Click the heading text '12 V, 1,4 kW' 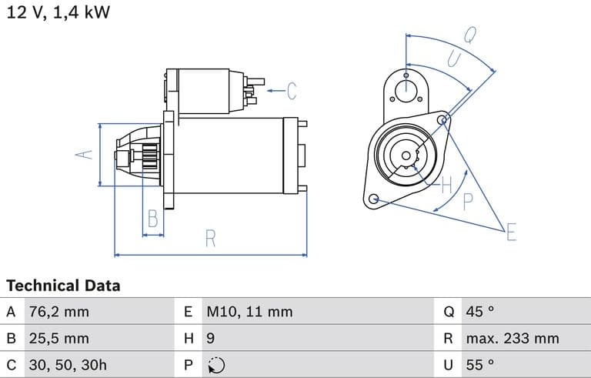pyautogui.click(x=58, y=14)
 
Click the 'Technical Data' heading pyautogui.click(x=63, y=286)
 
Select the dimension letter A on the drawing pyautogui.click(x=86, y=153)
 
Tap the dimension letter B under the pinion pyautogui.click(x=153, y=219)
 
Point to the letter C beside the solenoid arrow pyautogui.click(x=292, y=91)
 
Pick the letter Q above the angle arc pyautogui.click(x=469, y=35)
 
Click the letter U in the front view pyautogui.click(x=453, y=59)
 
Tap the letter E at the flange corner pyautogui.click(x=511, y=232)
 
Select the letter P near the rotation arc pyautogui.click(x=467, y=202)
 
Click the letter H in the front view pyautogui.click(x=447, y=184)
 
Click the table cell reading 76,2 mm pyautogui.click(x=58, y=312)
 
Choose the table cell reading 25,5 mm pyautogui.click(x=58, y=338)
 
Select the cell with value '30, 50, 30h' pyautogui.click(x=68, y=364)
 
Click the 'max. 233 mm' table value pyautogui.click(x=512, y=338)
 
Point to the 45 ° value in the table pyautogui.click(x=480, y=312)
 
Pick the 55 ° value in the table pyautogui.click(x=480, y=364)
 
